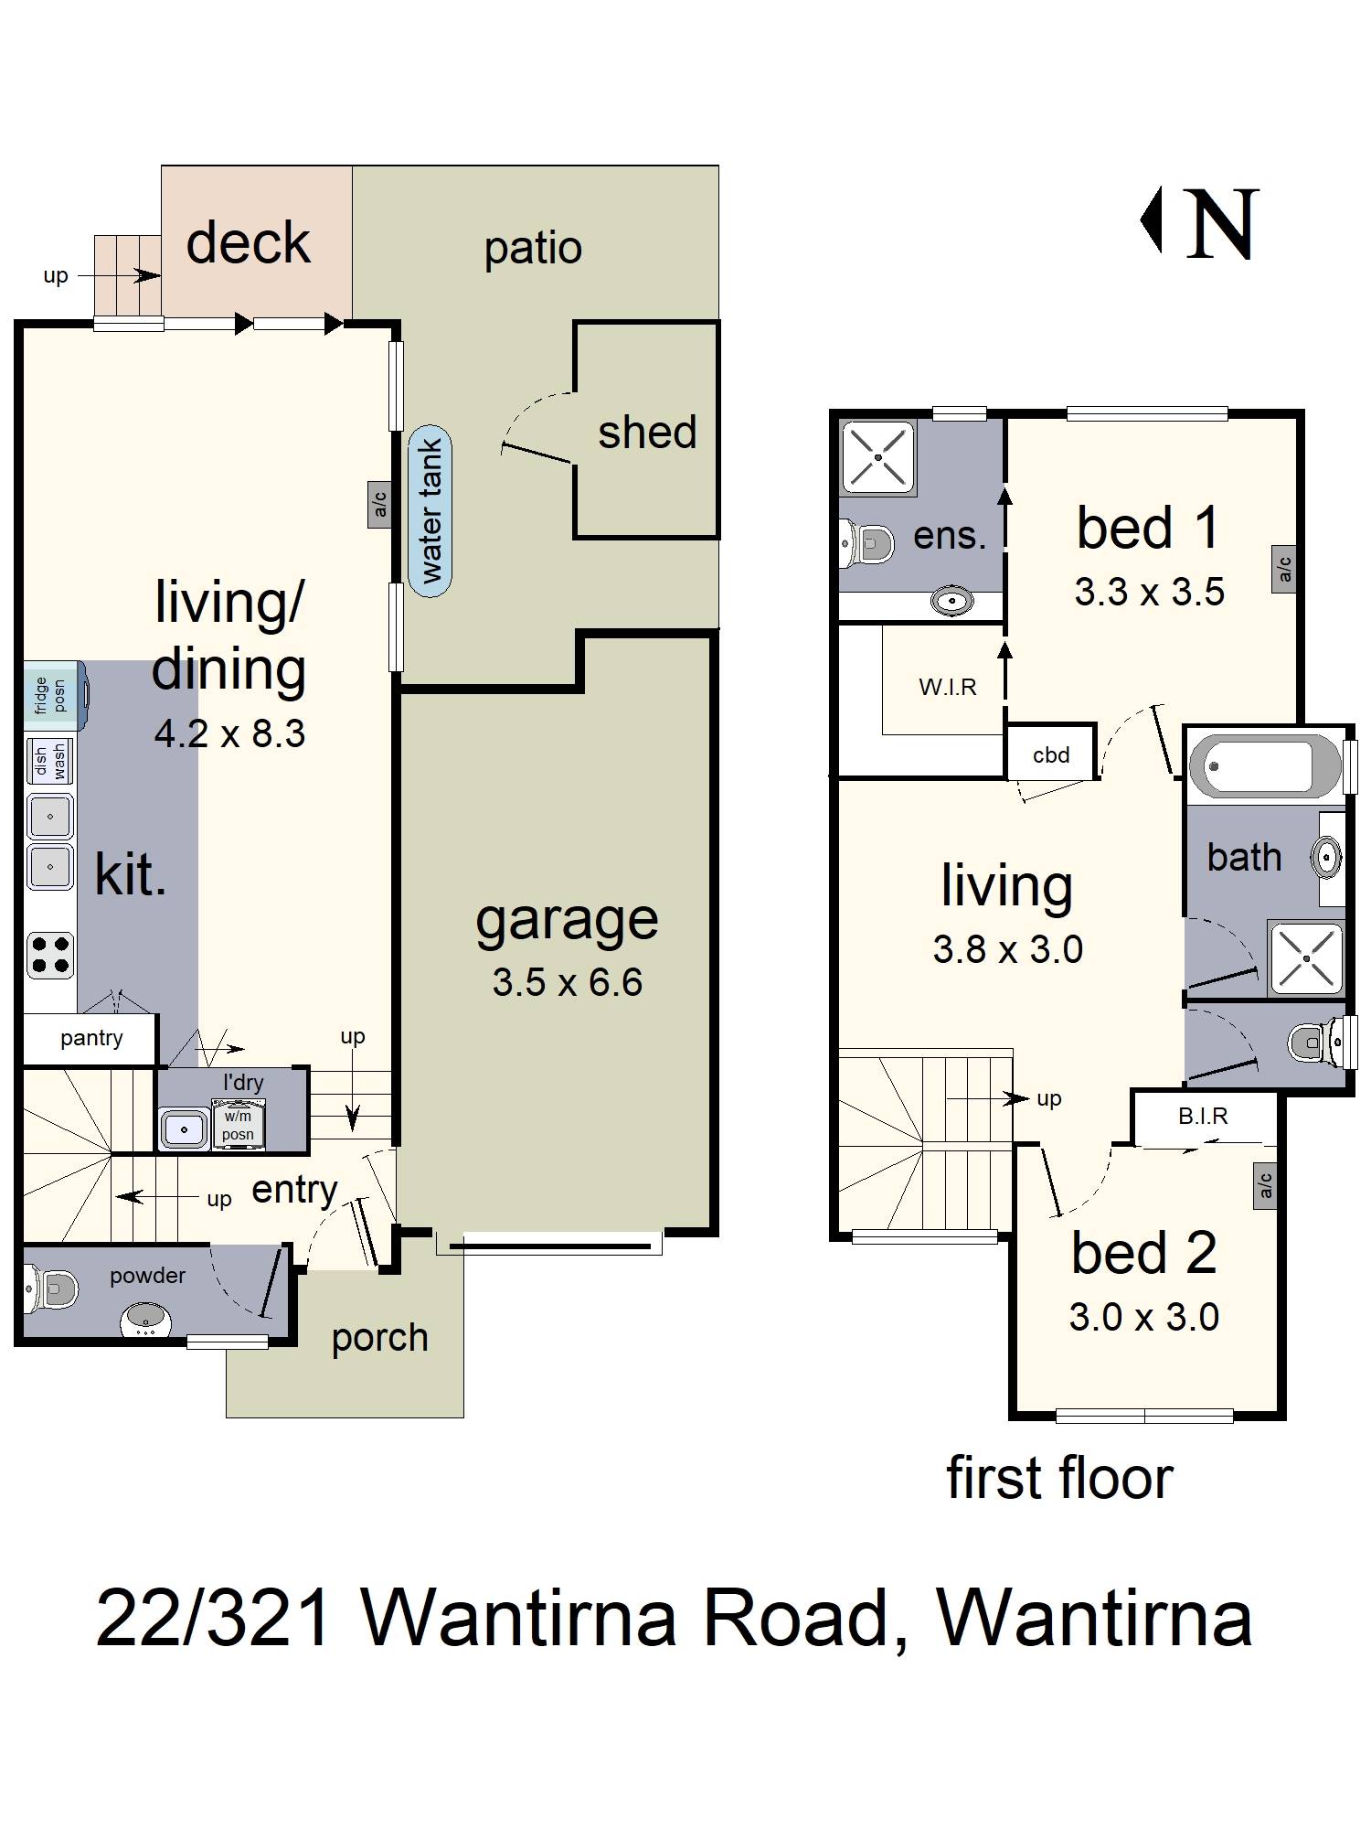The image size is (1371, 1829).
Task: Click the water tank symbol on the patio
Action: pyautogui.click(x=430, y=511)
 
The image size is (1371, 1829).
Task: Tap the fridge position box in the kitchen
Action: pyautogui.click(x=55, y=696)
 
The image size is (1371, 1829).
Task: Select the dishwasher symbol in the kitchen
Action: pyautogui.click(x=50, y=761)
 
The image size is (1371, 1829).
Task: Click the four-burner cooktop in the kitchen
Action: pyautogui.click(x=50, y=954)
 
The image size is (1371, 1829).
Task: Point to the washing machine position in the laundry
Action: pyautogui.click(x=238, y=1124)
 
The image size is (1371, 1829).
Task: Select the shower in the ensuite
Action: pyautogui.click(x=877, y=458)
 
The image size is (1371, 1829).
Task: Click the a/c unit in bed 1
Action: pyautogui.click(x=1284, y=569)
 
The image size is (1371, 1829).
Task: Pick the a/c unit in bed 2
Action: pyautogui.click(x=1265, y=1185)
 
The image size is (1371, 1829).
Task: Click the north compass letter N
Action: pyautogui.click(x=1222, y=223)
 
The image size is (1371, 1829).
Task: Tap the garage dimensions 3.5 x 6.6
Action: pyautogui.click(x=568, y=982)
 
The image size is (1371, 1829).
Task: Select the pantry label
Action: pyautogui.click(x=91, y=1039)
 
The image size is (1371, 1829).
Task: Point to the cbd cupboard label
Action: pyautogui.click(x=1051, y=754)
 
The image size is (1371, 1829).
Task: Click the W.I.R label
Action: pyautogui.click(x=948, y=687)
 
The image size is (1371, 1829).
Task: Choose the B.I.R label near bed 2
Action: pyautogui.click(x=1203, y=1116)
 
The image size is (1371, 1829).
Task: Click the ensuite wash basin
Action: pyautogui.click(x=951, y=602)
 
